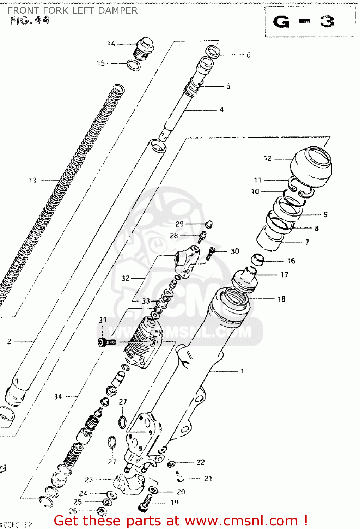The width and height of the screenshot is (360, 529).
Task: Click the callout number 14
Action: (111, 44)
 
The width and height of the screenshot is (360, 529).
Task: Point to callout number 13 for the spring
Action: (32, 181)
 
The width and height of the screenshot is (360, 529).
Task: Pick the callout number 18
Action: (281, 299)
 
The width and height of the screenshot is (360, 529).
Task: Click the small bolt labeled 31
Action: (106, 342)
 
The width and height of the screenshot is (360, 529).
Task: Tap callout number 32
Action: (125, 278)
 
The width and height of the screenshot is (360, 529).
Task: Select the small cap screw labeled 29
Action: (209, 224)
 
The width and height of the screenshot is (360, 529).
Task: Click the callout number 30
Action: (235, 251)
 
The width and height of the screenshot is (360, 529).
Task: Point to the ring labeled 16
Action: (258, 260)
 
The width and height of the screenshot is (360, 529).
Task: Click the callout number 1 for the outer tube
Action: (242, 371)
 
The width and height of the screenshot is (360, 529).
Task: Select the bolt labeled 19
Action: (146, 503)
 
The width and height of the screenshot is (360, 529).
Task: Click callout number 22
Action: (201, 462)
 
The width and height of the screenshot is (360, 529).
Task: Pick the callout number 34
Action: (58, 397)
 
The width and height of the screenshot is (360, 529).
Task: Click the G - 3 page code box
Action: (309, 22)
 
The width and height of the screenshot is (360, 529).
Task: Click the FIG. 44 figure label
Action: (30, 20)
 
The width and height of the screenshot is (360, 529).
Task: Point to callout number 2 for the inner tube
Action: (9, 341)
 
